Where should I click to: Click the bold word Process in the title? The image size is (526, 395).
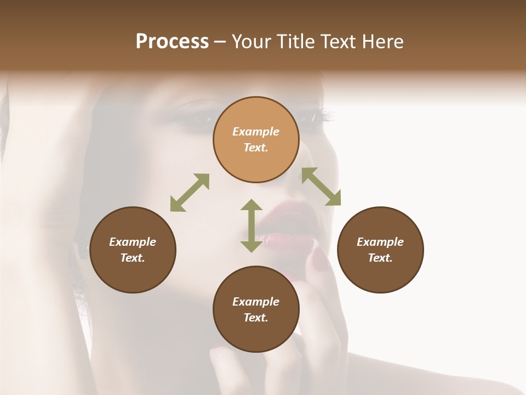coord(172,42)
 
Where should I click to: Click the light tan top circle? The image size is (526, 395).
coord(256,139)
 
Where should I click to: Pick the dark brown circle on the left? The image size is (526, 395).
coord(133,250)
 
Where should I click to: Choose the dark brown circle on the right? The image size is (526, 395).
coord(380,250)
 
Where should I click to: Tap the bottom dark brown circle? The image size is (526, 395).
coord(256,309)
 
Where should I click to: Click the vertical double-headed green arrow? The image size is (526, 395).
coord(251,225)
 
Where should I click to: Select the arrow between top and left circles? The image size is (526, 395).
coord(190,193)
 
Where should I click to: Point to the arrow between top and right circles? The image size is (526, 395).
coord(321,187)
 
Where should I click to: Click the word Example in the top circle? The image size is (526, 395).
coord(256,132)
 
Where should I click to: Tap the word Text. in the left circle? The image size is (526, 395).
coord(133,258)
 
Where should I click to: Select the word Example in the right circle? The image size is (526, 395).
coord(380,242)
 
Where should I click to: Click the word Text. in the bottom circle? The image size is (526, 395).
coord(256,318)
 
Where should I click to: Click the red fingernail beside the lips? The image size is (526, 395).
coord(321,259)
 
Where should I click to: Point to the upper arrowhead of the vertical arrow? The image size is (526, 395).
coord(251,205)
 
